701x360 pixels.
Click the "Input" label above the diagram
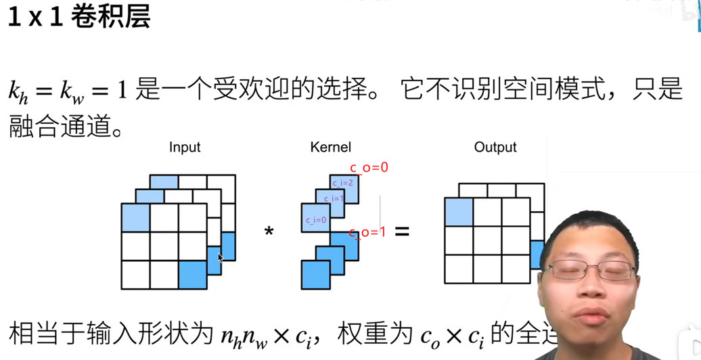click(x=185, y=148)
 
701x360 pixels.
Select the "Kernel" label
click(x=330, y=148)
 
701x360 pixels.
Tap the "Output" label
click(x=495, y=148)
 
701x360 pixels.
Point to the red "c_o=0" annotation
click(x=369, y=168)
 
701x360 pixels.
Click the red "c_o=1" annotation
click(x=367, y=232)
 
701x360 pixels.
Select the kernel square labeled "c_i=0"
click(x=315, y=218)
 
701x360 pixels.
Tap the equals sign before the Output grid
click(x=402, y=231)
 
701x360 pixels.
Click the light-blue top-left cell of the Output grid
click(x=459, y=212)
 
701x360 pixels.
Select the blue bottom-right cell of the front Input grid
click(x=193, y=275)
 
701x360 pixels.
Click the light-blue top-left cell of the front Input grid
click(x=135, y=217)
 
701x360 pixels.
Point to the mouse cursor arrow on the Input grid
click(x=221, y=257)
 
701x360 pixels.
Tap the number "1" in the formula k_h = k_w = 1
click(x=122, y=91)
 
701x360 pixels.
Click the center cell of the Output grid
click(x=487, y=240)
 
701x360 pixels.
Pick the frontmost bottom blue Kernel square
click(x=315, y=275)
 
